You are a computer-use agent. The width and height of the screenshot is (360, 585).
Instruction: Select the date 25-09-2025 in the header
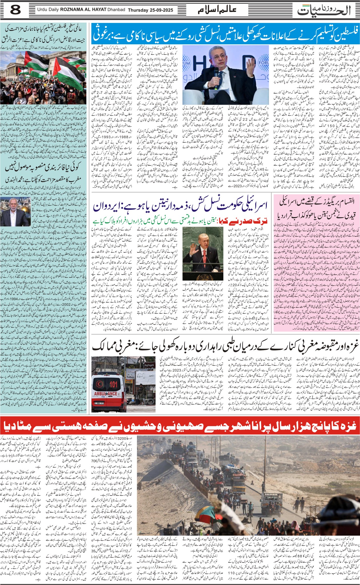click(162, 10)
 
